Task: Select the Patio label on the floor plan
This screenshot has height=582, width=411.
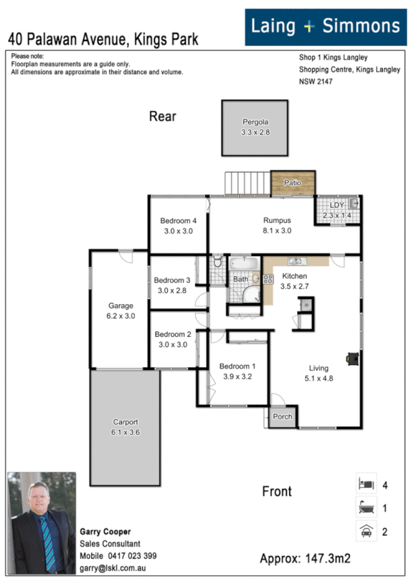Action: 293,183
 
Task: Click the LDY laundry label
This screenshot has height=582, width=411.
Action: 336,205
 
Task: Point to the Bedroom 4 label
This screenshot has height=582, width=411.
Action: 178,221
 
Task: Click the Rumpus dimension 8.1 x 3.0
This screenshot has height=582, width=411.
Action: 277,231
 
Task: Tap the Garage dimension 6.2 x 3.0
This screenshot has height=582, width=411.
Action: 121,316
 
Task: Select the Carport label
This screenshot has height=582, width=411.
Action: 126,422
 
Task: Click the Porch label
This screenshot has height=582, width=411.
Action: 282,417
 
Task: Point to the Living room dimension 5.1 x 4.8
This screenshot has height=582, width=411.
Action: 318,377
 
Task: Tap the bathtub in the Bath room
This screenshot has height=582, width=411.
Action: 243,264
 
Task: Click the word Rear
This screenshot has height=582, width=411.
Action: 163,117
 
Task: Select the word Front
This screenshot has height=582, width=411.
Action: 277,491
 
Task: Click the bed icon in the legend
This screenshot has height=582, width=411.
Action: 365,484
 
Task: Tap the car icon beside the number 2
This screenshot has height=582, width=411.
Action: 365,531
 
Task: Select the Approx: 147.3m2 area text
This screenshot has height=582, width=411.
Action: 305,559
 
